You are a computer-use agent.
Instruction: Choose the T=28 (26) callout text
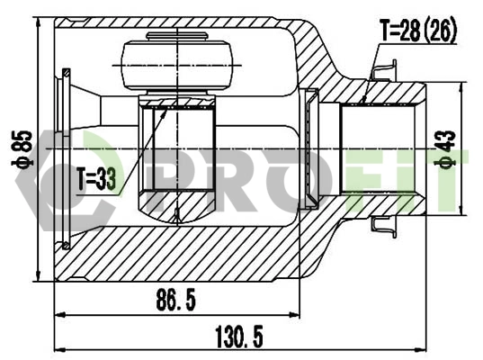[x=418, y=31]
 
